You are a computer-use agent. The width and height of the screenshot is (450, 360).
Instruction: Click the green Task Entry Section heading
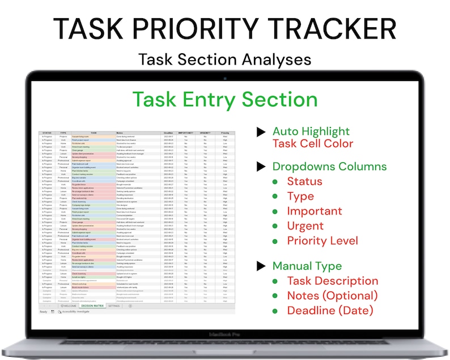(x=225, y=99)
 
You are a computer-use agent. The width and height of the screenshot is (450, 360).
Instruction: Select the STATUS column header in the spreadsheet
(x=46, y=133)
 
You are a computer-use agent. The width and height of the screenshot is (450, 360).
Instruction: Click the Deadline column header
(x=168, y=133)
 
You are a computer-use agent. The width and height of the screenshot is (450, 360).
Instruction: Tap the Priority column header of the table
(x=225, y=133)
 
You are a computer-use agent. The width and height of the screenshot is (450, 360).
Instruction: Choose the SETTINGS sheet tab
(x=114, y=306)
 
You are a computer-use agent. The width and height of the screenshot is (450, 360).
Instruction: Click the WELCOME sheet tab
(x=68, y=306)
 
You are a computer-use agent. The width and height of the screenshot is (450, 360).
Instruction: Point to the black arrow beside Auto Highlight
(x=261, y=132)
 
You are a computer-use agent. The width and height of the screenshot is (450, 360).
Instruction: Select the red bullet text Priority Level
(x=322, y=240)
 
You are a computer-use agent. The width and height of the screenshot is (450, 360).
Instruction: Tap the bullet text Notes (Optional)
(x=332, y=295)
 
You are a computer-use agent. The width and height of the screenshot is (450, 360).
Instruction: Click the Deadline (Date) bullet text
(x=330, y=310)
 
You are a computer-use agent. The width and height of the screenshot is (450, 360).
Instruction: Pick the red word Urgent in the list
(x=306, y=226)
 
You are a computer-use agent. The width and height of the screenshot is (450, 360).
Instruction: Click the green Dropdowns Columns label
(x=329, y=167)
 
